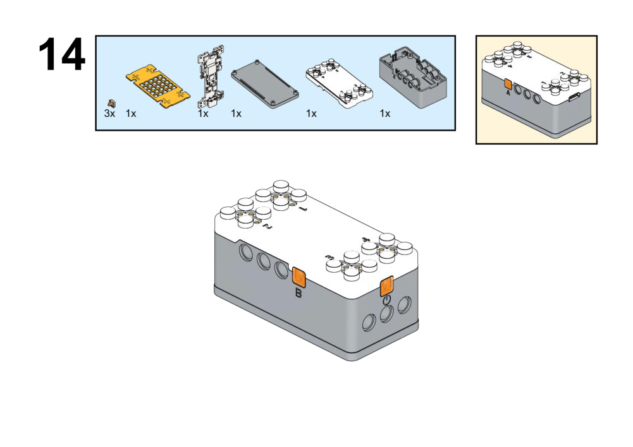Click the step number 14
click(62, 55)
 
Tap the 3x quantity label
click(110, 114)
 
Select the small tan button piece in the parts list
click(113, 102)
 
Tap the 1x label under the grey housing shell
click(384, 114)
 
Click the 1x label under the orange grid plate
click(131, 114)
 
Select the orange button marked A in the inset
click(508, 84)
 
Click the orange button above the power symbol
click(387, 286)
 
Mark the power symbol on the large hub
click(387, 300)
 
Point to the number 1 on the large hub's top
click(304, 208)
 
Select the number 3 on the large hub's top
click(328, 258)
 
